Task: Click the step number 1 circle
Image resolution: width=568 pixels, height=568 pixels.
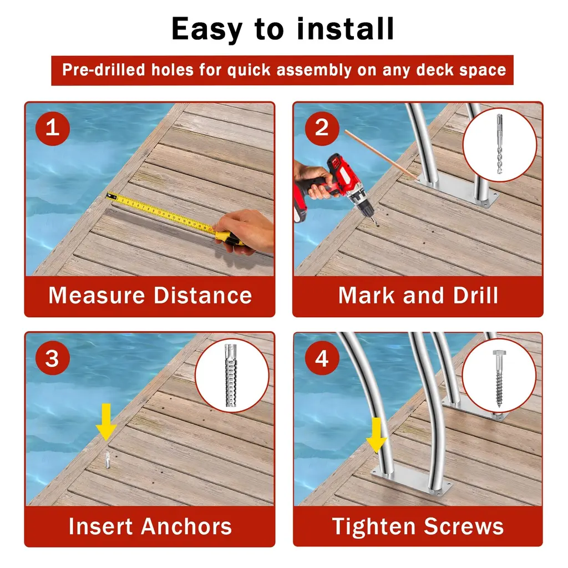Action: [x=53, y=128]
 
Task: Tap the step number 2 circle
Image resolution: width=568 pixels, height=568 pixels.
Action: [x=322, y=128]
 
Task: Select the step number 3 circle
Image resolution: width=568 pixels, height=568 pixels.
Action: [x=53, y=358]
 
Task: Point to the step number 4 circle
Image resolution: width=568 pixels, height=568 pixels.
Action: [x=322, y=358]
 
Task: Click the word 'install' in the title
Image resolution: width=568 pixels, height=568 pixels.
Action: [x=345, y=29]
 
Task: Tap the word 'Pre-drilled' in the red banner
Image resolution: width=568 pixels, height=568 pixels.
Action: [x=104, y=69]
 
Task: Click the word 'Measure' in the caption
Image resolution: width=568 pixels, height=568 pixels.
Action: [x=97, y=295]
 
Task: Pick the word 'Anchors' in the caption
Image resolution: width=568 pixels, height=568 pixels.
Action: [x=186, y=526]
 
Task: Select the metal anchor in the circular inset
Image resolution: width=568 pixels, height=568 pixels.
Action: [x=231, y=376]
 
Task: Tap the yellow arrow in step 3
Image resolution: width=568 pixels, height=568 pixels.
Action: [x=106, y=422]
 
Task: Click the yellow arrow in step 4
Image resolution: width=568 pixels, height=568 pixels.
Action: [x=377, y=435]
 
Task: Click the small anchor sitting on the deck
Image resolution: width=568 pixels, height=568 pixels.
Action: [x=108, y=460]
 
